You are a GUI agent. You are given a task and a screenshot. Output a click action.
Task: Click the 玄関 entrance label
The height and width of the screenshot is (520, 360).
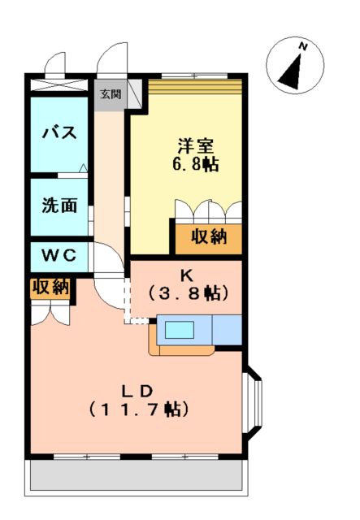point(110,93)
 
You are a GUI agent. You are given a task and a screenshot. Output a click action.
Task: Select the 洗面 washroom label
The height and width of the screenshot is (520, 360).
point(59,206)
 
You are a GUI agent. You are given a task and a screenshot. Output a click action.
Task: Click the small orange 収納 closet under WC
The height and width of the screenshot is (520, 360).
point(50,288)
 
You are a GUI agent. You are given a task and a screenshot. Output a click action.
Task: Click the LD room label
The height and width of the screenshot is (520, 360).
point(137,388)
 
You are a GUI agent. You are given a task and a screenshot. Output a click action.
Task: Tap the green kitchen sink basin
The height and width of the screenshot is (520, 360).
point(180,330)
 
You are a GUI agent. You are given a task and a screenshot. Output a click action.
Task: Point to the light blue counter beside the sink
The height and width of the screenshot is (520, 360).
point(227,329)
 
